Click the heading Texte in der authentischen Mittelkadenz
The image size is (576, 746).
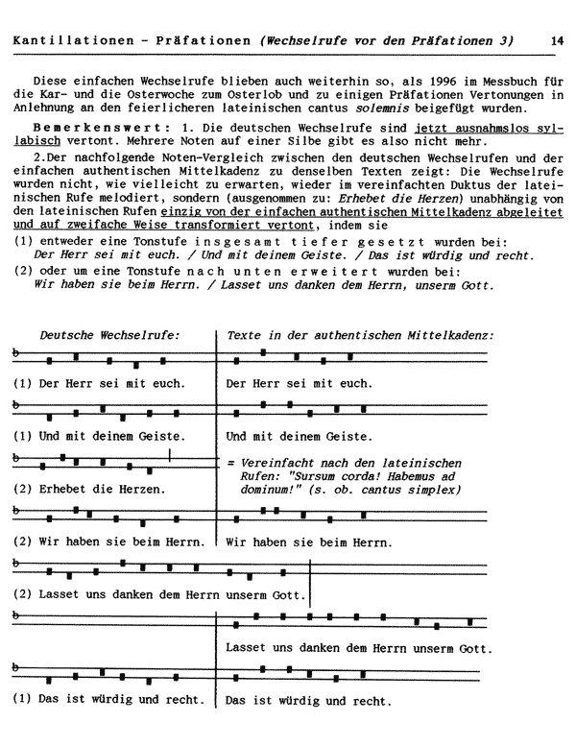pyautogui.click(x=360, y=335)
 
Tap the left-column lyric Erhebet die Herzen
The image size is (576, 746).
pyautogui.click(x=102, y=489)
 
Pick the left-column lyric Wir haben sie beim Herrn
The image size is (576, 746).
pyautogui.click(x=121, y=541)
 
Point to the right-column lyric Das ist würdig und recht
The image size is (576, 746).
pyautogui.click(x=307, y=700)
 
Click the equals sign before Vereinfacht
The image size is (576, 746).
pyautogui.click(x=229, y=462)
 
